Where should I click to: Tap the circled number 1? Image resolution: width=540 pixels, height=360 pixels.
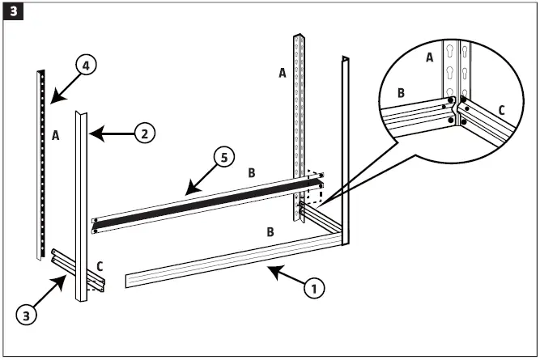[312, 287]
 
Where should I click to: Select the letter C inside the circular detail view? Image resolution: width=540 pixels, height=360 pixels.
[501, 110]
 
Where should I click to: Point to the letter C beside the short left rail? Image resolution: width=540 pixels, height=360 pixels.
[100, 264]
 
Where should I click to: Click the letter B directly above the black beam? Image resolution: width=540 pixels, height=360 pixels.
[251, 172]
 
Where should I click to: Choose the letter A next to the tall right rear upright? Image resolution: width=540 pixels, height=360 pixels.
[283, 73]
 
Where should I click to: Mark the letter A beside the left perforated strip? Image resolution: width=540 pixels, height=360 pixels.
[56, 135]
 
